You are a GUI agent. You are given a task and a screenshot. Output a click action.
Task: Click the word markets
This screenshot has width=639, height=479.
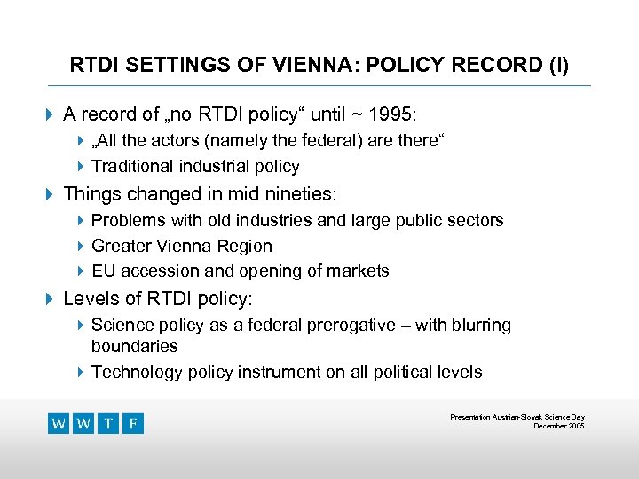point(359,271)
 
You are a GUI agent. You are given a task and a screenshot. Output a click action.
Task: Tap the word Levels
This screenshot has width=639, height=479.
point(89,299)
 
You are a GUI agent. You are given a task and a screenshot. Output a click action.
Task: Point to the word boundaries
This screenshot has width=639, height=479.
point(134,347)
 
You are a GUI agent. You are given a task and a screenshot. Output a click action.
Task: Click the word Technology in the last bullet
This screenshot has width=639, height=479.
point(135,372)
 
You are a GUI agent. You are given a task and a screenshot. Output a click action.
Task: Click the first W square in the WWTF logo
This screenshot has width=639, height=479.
point(59,423)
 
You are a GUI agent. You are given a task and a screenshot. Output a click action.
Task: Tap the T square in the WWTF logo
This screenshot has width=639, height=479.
point(108,423)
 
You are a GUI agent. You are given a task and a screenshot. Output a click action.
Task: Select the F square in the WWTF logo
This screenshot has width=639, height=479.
point(133,423)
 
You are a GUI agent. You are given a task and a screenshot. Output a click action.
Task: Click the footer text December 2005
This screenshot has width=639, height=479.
point(558,427)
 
